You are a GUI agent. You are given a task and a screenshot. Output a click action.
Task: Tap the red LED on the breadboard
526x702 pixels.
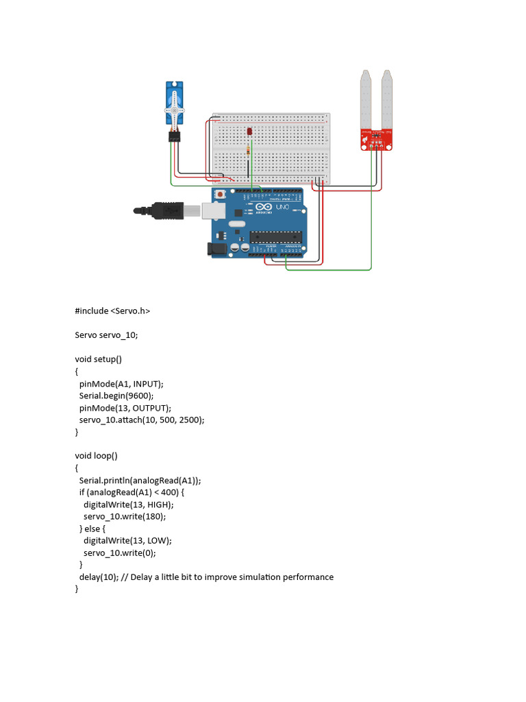coord(249,132)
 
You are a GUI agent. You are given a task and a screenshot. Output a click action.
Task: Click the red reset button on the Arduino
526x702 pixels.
coord(220,196)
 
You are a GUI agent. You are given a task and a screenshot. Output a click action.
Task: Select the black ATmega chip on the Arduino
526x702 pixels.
coord(275,237)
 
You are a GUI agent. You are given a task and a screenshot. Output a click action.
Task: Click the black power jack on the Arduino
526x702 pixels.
coord(217,250)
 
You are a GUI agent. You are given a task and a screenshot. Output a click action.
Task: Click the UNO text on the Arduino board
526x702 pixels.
coord(284,206)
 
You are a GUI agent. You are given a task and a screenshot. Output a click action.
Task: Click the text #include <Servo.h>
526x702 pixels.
coord(112,311)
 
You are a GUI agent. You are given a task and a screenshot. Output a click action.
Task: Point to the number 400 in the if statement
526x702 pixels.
coord(171,492)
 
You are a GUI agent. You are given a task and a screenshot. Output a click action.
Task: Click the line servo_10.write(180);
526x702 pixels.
coord(125,516)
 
